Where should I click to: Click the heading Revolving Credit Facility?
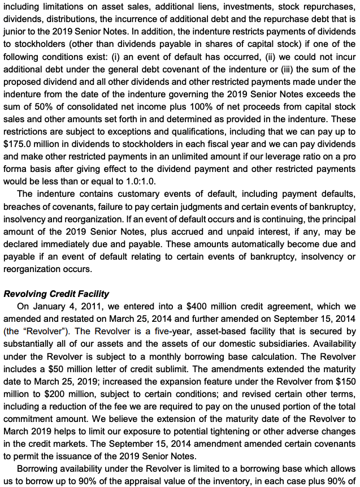[57, 294]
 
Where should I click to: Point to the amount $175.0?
[18, 144]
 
